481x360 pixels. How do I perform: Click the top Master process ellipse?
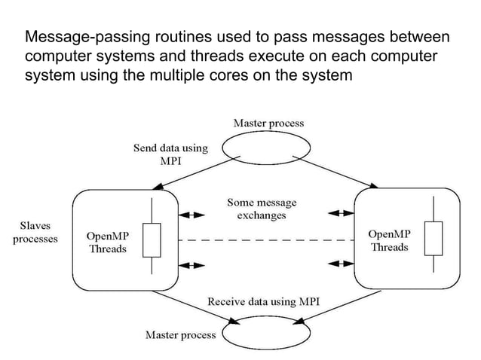(269, 148)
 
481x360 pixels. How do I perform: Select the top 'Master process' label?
(269, 122)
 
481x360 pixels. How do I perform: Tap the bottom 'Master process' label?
(180, 334)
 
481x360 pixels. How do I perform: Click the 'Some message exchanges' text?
(262, 209)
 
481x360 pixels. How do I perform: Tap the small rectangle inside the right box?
(433, 239)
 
